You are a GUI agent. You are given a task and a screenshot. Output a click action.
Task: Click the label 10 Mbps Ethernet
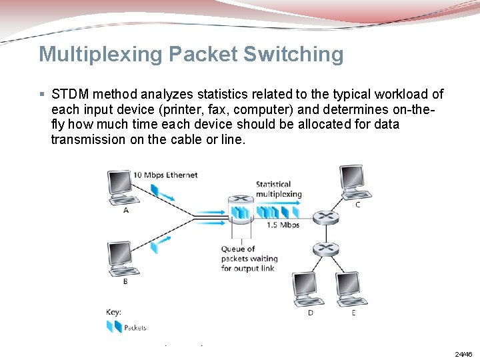tap(165, 175)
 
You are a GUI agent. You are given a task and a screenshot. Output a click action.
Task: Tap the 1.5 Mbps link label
tap(283, 225)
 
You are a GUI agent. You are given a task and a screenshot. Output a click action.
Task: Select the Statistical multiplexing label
tap(279, 189)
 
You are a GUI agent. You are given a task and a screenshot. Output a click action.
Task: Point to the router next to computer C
tap(325, 216)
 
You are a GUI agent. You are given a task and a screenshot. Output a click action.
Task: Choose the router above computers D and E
tap(325, 249)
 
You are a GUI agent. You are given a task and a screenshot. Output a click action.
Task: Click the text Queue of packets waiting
tap(249, 259)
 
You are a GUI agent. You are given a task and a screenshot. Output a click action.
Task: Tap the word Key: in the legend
tap(113, 311)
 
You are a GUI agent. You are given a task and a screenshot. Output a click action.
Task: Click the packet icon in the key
tap(114, 327)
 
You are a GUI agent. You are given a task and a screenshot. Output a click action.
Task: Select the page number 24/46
tap(463, 354)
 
